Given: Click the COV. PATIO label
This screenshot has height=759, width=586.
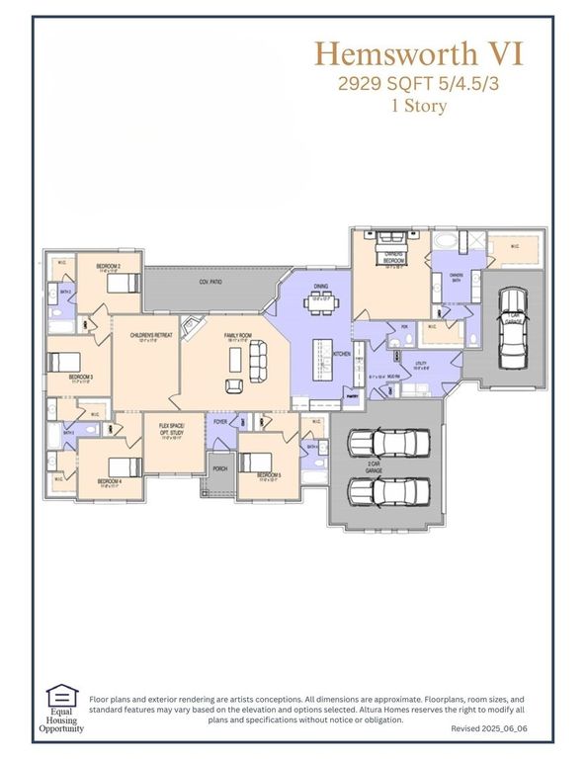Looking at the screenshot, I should [x=209, y=283].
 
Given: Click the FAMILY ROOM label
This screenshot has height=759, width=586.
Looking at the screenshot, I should [x=238, y=336].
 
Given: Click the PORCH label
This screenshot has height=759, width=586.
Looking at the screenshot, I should [x=219, y=468].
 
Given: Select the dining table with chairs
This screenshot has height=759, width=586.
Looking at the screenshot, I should [x=322, y=303].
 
